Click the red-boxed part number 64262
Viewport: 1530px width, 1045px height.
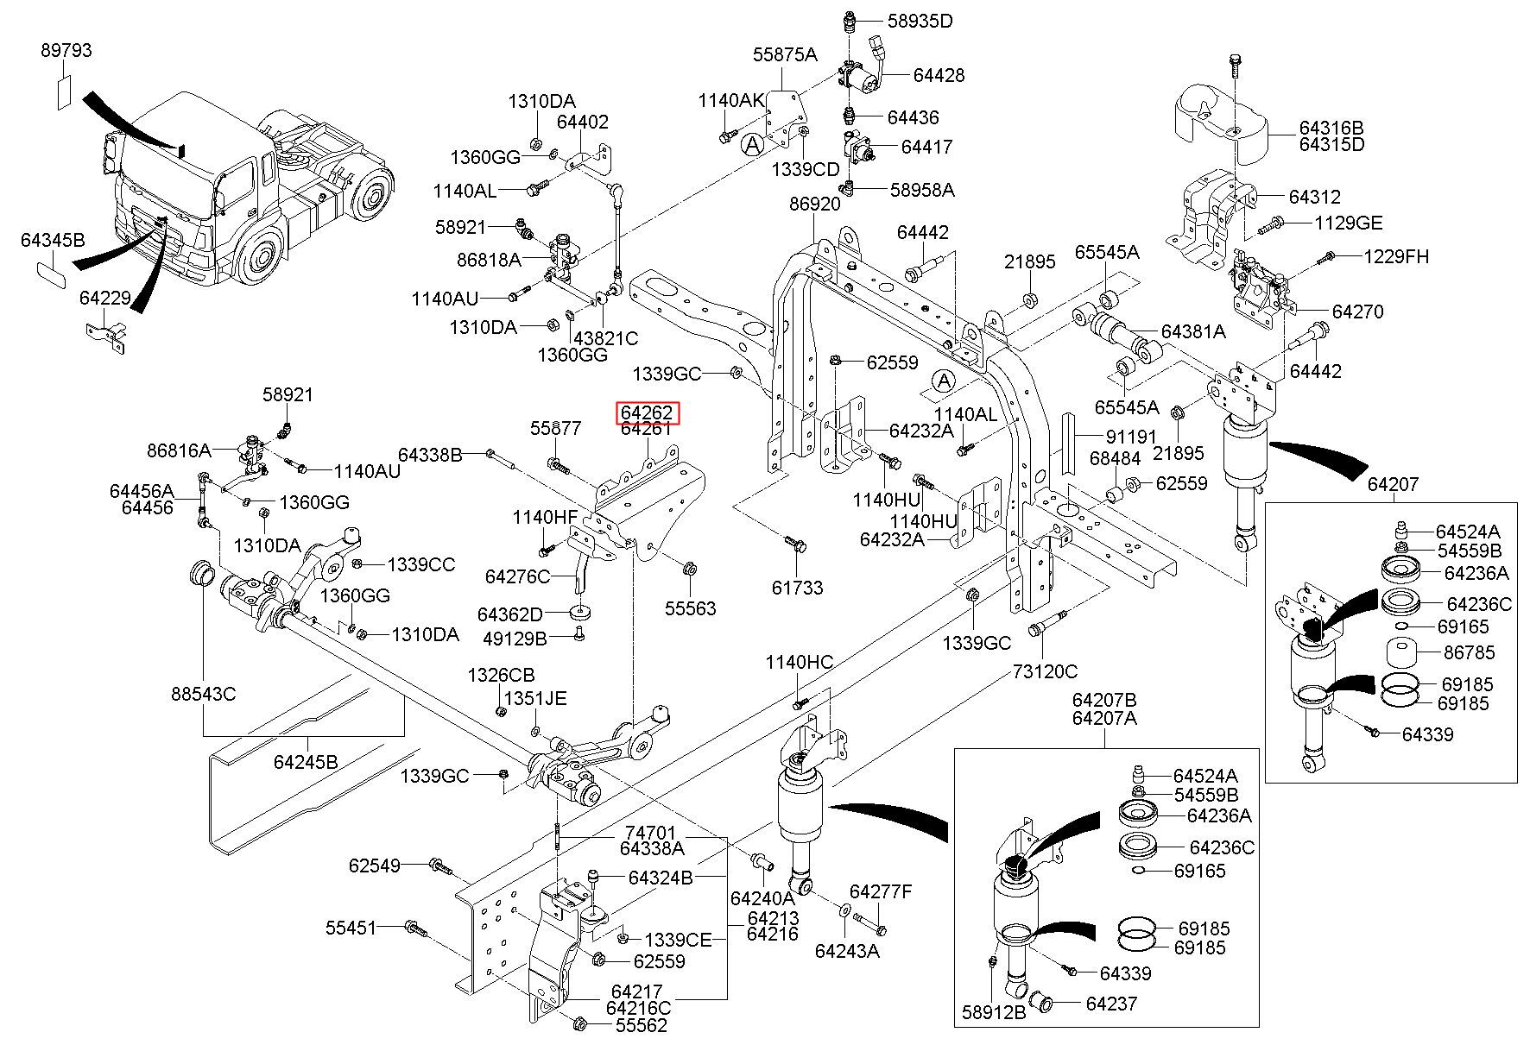click(x=647, y=413)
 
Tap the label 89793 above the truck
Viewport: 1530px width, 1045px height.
click(x=66, y=51)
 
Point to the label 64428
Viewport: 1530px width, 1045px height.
click(x=939, y=76)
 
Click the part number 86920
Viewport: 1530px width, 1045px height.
click(x=814, y=205)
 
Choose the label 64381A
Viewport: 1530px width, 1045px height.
click(x=1192, y=332)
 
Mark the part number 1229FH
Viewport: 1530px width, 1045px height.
click(x=1396, y=256)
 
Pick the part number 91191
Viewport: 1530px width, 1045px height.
click(x=1131, y=437)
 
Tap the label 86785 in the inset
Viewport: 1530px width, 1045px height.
click(x=1470, y=652)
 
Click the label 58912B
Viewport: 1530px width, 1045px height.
click(x=994, y=1013)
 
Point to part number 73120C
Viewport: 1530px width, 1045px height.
click(x=1045, y=671)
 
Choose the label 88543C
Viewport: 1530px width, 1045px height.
click(x=203, y=694)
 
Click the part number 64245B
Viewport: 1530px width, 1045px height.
click(x=306, y=762)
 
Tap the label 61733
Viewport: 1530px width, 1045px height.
click(x=798, y=588)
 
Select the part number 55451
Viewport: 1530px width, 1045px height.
click(x=351, y=929)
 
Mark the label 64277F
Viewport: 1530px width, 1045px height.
click(x=881, y=891)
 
